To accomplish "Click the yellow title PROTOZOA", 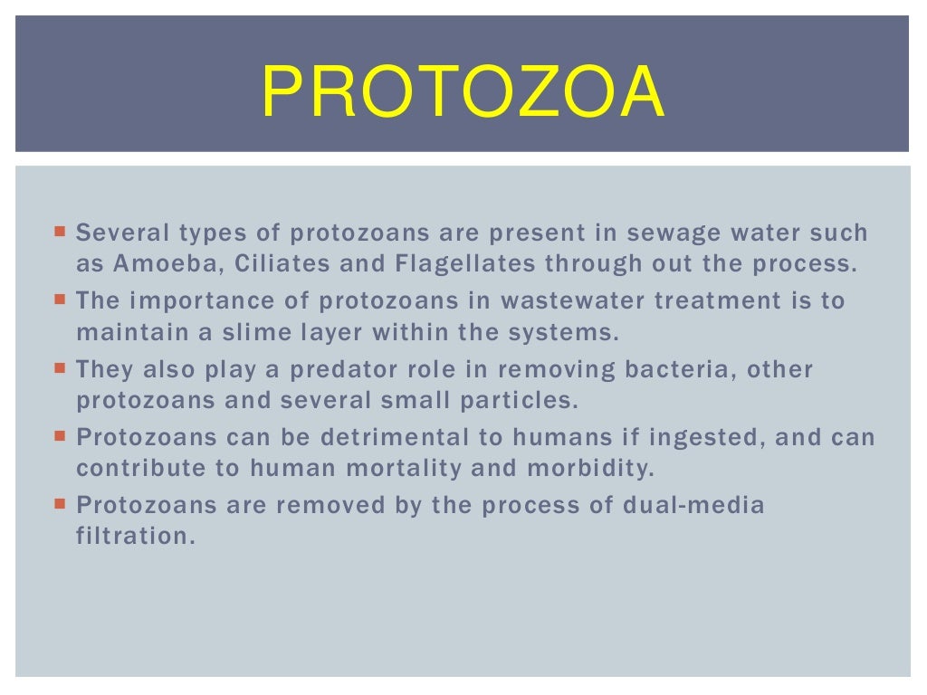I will [x=463, y=92].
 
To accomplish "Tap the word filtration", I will [x=135, y=536].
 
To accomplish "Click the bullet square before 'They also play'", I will [x=60, y=367].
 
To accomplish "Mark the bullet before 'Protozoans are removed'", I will [x=60, y=503].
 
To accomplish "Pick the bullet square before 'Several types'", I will [x=60, y=231].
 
